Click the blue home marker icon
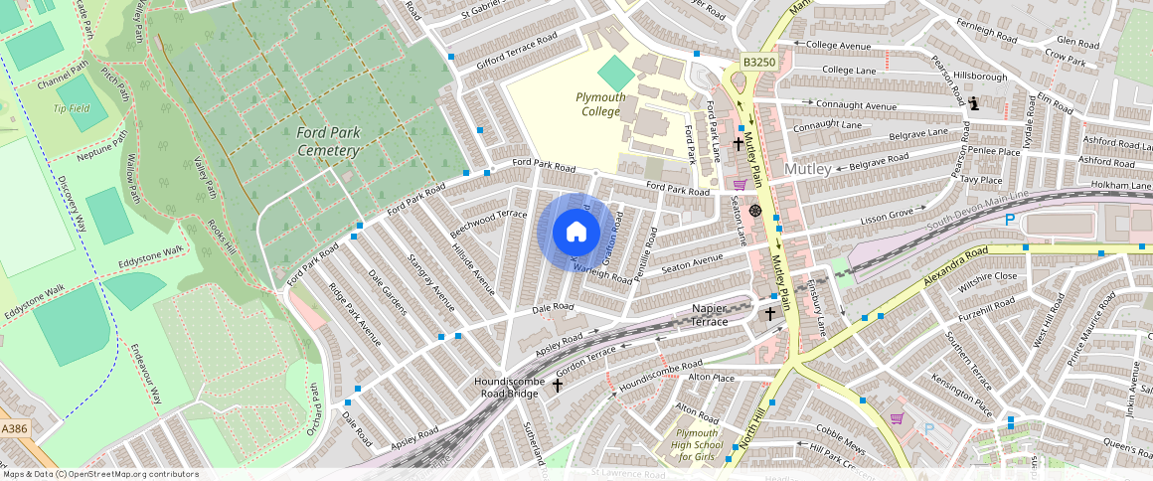576,233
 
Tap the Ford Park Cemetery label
327,141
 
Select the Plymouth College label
600,104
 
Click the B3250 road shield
758,62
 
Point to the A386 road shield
14,428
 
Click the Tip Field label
72,108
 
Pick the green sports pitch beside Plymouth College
616,72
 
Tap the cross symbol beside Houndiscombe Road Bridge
558,385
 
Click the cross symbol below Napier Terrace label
769,314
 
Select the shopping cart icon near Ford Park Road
739,183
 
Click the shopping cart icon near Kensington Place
897,418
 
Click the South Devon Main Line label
979,209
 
